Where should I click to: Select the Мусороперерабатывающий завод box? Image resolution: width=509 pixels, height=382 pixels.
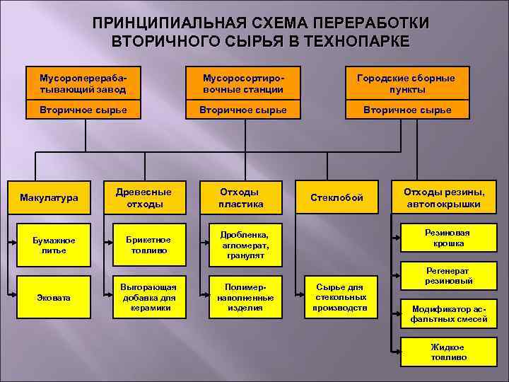[83, 83]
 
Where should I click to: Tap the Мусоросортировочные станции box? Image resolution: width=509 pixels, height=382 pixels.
[242, 83]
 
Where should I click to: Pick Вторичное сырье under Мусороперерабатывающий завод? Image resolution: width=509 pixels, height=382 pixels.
[83, 110]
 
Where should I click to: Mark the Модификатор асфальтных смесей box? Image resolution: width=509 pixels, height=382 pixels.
[444, 314]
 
